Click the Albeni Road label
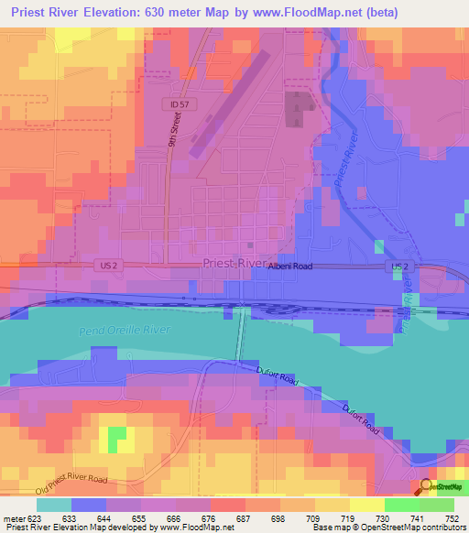coord(290,265)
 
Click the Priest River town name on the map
coord(233,262)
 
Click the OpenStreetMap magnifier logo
coord(427,487)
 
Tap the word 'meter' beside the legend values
coord(13,518)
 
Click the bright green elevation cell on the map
coord(116,440)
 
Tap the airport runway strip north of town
coord(230,101)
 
